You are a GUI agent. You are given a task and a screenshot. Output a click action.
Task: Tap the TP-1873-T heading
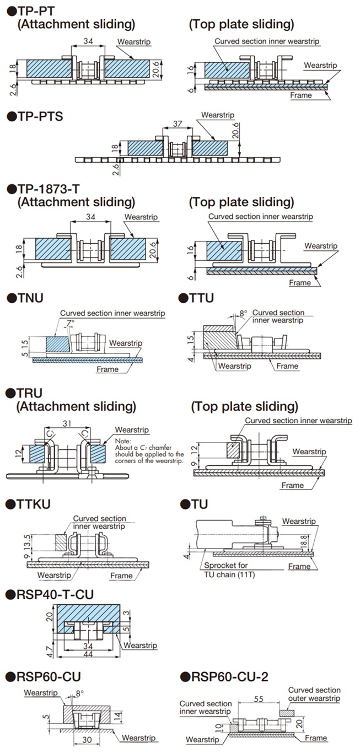[44, 189]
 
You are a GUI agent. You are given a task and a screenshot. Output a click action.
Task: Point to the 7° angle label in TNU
[70, 322]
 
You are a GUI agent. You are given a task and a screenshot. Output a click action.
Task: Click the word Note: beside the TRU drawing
[123, 441]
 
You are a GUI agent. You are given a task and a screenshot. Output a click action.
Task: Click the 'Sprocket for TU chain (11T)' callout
[230, 570]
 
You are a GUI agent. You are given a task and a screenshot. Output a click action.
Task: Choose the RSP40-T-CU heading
[50, 594]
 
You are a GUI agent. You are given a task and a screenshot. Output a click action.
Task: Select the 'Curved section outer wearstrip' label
[314, 694]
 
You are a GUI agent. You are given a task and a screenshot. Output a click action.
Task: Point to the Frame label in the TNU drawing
[107, 369]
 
